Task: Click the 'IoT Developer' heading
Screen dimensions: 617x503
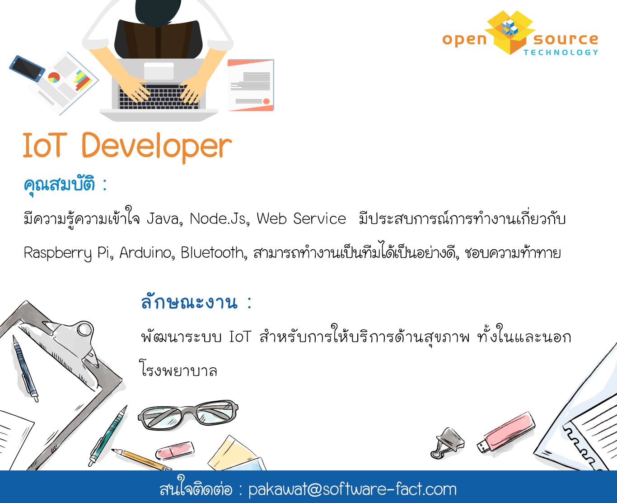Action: tap(127, 147)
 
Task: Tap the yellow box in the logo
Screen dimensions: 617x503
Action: tap(510, 33)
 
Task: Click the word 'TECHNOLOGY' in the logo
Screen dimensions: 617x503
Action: tap(561, 52)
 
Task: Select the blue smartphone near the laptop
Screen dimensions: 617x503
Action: tap(27, 69)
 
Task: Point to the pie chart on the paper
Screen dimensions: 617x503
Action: tap(54, 77)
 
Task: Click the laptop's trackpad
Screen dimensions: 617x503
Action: tap(159, 71)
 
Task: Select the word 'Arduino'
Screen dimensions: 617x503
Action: tap(147, 253)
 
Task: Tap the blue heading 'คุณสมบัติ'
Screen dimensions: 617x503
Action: tap(59, 184)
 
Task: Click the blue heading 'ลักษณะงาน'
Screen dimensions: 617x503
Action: tap(189, 302)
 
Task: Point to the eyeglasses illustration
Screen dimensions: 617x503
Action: tap(188, 415)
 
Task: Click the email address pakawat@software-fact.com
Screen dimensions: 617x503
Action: tap(352, 489)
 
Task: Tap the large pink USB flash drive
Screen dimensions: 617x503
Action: tap(506, 432)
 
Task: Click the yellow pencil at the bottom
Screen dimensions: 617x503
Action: tap(142, 460)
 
